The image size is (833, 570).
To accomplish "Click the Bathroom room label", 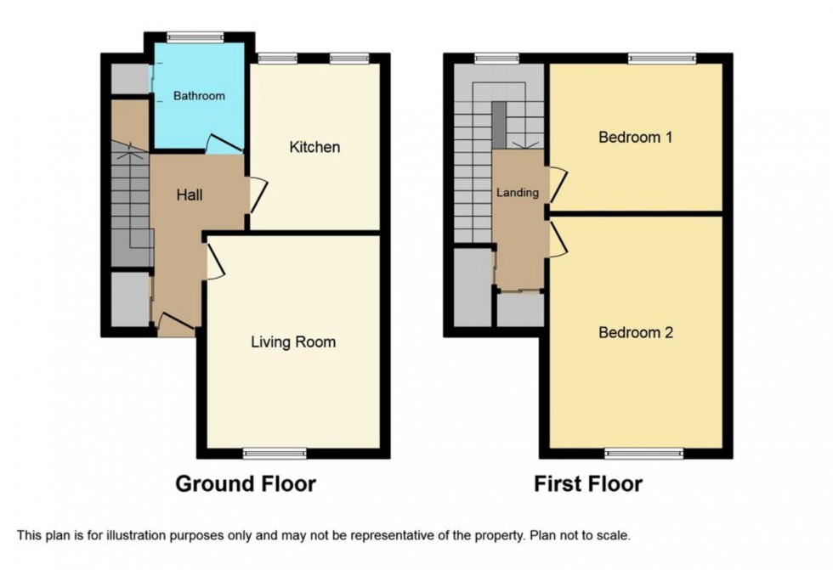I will (x=199, y=96).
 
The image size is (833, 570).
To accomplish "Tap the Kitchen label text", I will (x=314, y=147).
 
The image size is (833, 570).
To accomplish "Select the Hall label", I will (x=189, y=195).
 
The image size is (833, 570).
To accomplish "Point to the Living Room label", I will (x=293, y=342).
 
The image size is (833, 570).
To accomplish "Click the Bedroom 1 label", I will (x=636, y=137).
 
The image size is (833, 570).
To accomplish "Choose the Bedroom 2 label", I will (x=636, y=332).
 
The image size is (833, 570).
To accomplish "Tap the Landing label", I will (x=518, y=193).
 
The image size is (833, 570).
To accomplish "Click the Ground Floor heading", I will (x=246, y=484).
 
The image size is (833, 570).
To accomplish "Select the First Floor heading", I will (x=588, y=484).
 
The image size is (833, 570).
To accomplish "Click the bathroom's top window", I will (x=195, y=36).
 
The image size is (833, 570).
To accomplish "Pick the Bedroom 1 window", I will (x=662, y=59).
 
